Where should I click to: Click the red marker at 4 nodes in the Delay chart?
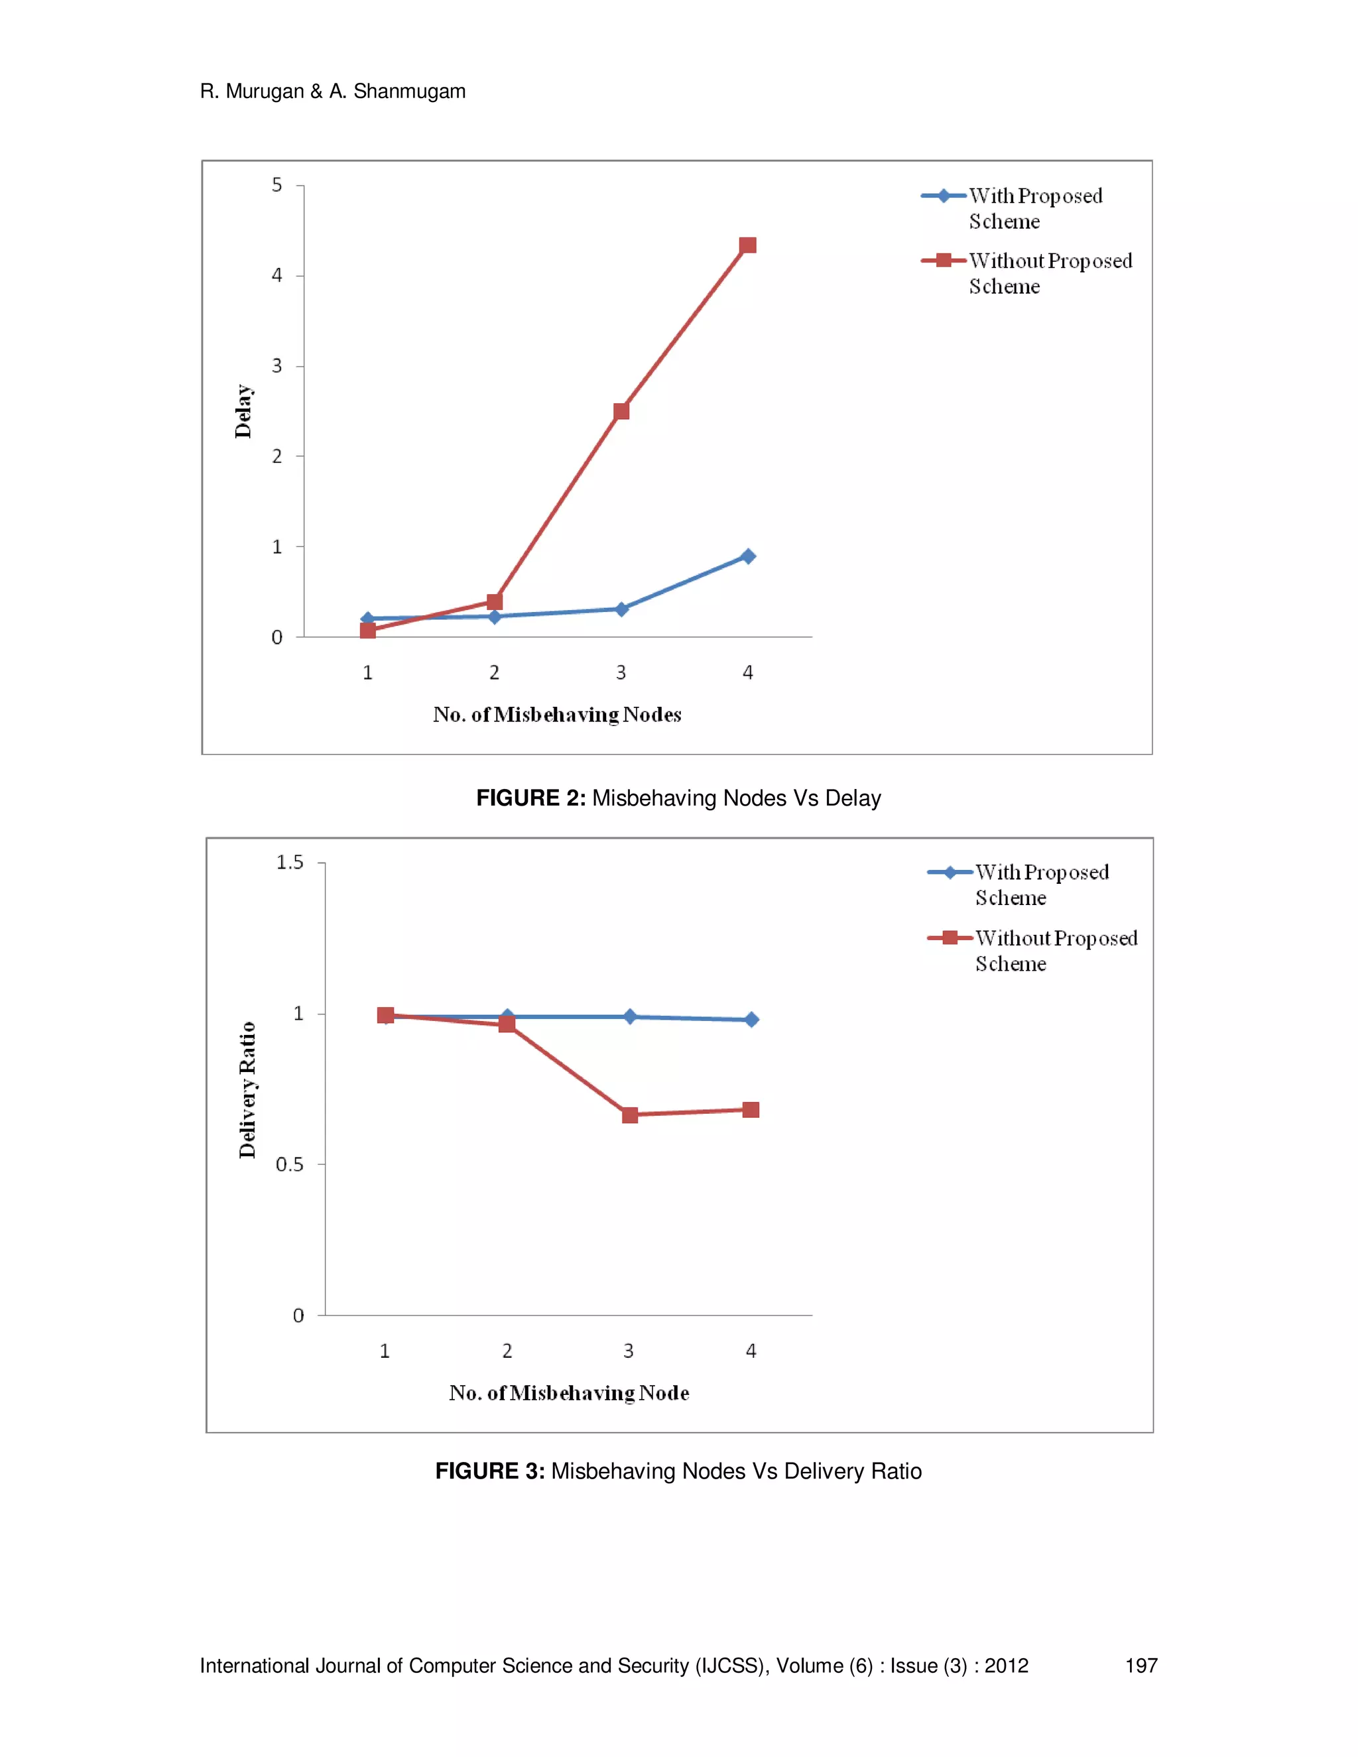click(x=747, y=245)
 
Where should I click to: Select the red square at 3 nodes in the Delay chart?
click(x=621, y=411)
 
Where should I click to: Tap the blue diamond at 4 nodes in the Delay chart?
click(x=747, y=556)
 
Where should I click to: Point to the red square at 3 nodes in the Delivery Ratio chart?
click(x=630, y=1115)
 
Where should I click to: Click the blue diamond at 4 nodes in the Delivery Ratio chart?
click(x=751, y=1019)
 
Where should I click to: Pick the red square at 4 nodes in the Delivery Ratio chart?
click(x=751, y=1110)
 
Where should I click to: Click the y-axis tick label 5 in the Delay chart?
click(x=277, y=185)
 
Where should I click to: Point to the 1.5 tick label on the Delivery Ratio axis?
click(x=290, y=863)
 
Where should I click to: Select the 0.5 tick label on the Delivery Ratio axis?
click(x=290, y=1164)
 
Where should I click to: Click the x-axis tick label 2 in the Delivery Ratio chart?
click(x=507, y=1351)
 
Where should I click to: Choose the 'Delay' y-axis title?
click(x=243, y=411)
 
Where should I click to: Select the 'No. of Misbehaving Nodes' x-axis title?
click(x=557, y=714)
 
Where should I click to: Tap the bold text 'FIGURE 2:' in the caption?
click(x=531, y=798)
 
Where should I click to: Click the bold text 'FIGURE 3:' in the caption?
click(x=490, y=1471)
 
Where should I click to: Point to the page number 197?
click(x=1141, y=1666)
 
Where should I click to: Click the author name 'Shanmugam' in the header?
click(x=410, y=91)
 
